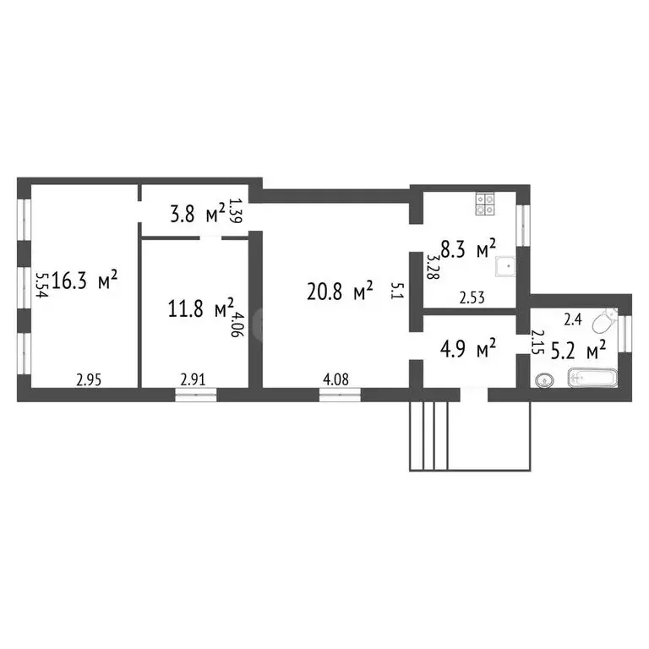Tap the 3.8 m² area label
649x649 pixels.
tap(197, 212)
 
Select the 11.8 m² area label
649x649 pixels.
tap(200, 308)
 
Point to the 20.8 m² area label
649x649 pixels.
tap(341, 292)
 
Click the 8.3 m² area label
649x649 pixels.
tap(472, 250)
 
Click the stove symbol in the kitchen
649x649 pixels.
tap(485, 202)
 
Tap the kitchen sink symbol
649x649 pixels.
tap(505, 266)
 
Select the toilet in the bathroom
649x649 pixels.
tap(604, 322)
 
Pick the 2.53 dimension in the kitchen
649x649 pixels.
tap(472, 297)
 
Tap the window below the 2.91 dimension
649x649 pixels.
tap(195, 393)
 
